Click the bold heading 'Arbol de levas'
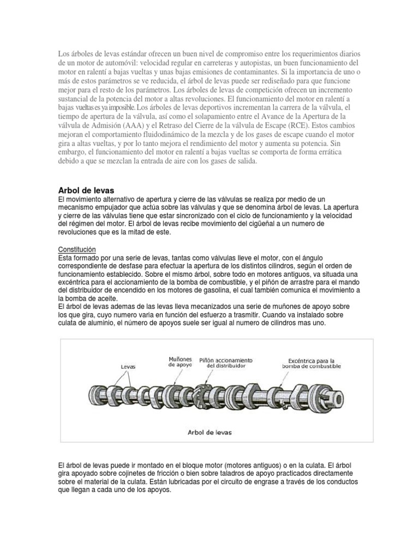pos(86,190)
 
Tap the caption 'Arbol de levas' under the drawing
pos(209,432)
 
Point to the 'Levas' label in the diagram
pos(128,367)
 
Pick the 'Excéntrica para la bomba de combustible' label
pos(312,363)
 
